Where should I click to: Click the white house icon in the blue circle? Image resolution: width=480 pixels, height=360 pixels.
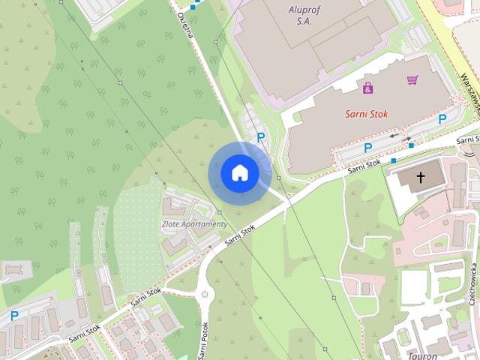point(240,173)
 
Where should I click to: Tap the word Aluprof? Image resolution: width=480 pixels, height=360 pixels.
point(304,10)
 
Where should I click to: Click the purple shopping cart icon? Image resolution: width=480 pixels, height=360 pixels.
point(412,79)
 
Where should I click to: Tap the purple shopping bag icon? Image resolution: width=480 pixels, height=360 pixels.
point(367,88)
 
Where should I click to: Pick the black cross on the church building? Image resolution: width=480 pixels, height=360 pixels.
point(420,178)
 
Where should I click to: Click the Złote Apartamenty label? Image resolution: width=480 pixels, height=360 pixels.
point(193,223)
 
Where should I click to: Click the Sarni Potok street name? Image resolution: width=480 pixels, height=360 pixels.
point(204,341)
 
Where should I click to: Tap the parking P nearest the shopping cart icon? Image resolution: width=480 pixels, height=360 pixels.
point(442,118)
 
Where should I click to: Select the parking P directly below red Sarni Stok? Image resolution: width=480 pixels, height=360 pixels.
point(367,148)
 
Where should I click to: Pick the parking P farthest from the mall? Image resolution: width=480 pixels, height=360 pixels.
point(13,317)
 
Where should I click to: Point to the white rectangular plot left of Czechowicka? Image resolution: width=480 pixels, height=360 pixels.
point(413,286)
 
